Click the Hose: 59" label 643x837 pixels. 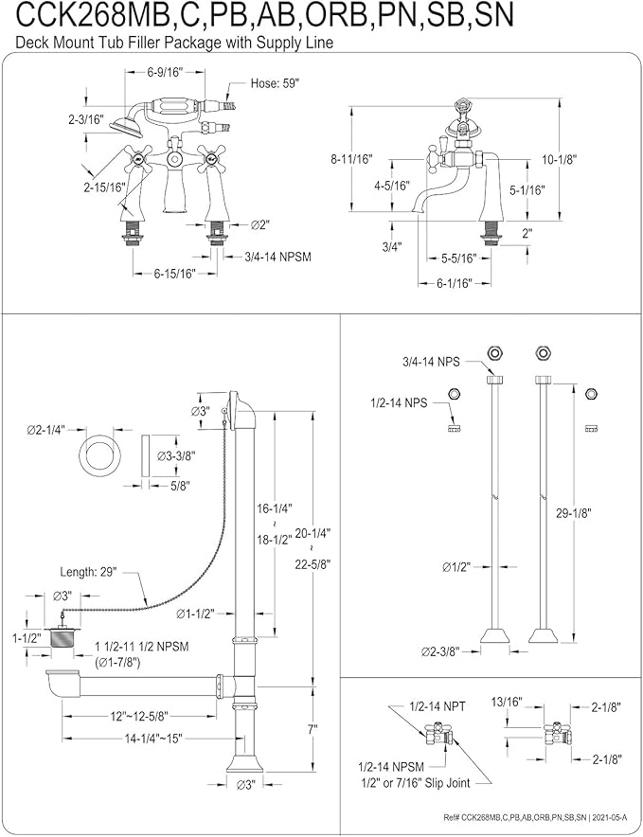point(275,83)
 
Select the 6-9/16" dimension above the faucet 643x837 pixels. point(165,73)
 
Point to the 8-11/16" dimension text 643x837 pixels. point(351,158)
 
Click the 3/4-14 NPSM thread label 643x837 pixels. point(277,257)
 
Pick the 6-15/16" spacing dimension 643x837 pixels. point(175,274)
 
